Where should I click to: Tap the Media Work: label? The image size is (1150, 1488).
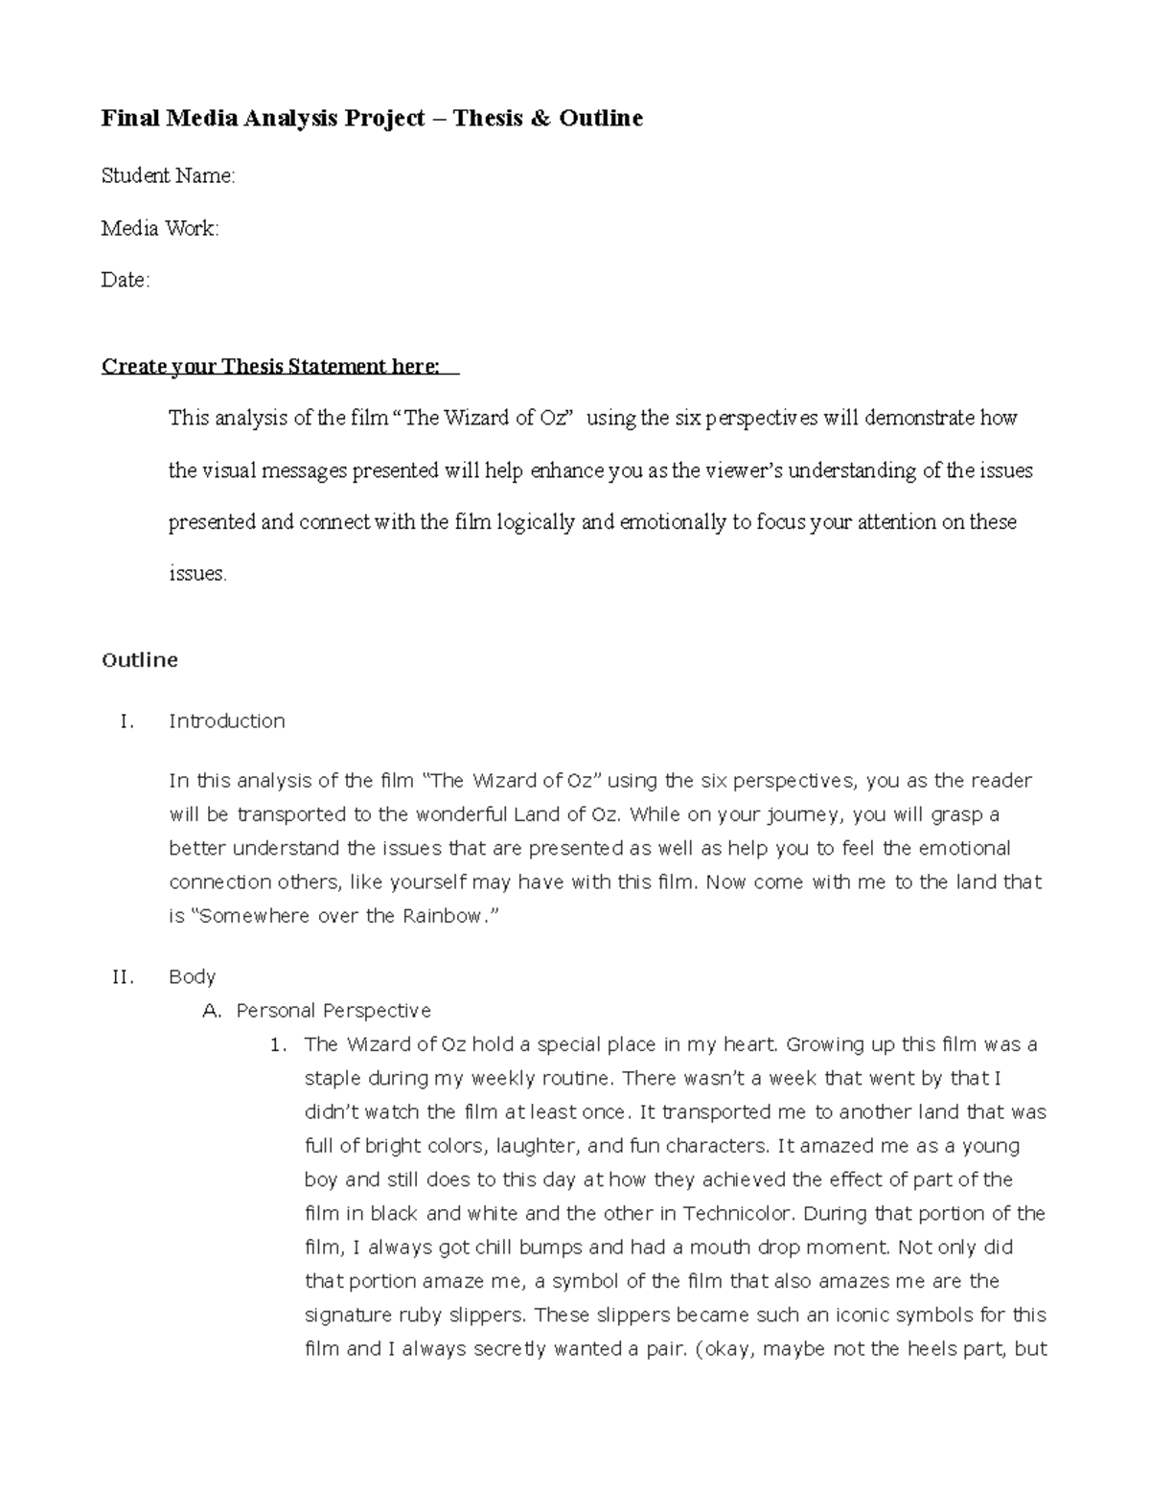[160, 228]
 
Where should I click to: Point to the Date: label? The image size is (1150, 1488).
[126, 280]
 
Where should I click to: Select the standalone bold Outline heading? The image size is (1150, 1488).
[140, 660]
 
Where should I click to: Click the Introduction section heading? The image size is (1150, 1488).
[227, 721]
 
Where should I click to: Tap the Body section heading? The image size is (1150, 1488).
[192, 976]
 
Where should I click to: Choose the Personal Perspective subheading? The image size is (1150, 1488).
[333, 1010]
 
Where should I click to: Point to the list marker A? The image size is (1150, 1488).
[212, 1010]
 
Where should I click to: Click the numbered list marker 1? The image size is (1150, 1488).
[279, 1044]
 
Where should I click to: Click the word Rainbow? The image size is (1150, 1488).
[443, 916]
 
